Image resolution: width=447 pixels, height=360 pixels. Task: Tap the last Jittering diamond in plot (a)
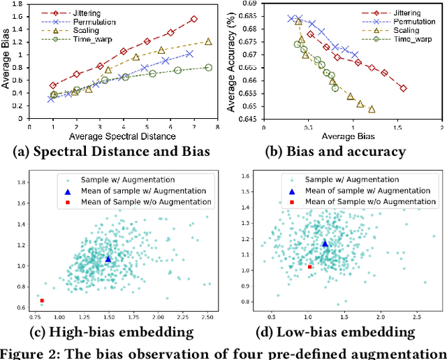pyautogui.click(x=193, y=19)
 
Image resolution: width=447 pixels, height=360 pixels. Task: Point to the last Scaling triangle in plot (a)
pyautogui.click(x=208, y=41)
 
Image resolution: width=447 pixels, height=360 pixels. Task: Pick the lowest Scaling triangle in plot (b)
pyautogui.click(x=371, y=109)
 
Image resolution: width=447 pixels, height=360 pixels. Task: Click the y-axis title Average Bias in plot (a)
pyautogui.click(x=7, y=63)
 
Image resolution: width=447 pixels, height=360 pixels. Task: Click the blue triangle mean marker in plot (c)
pyautogui.click(x=107, y=259)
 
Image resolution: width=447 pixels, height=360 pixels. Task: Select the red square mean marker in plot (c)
pyautogui.click(x=42, y=301)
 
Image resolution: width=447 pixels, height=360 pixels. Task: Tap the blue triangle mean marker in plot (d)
pyautogui.click(x=325, y=243)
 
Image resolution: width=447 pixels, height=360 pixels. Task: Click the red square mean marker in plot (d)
pyautogui.click(x=309, y=266)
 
